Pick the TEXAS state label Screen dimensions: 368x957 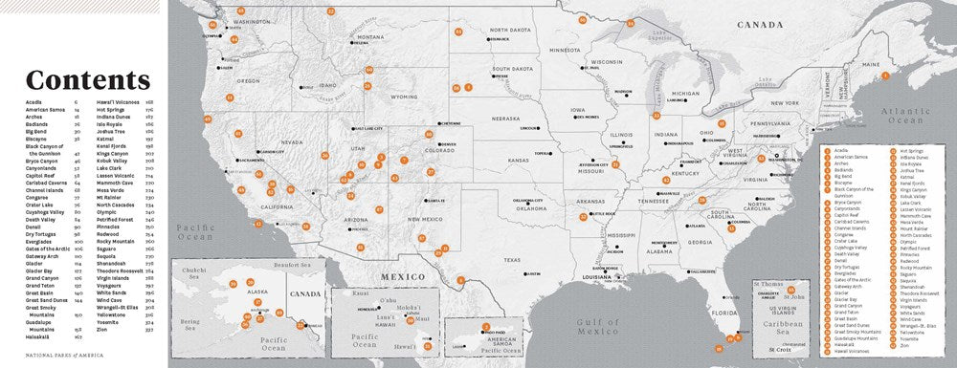(x=512, y=260)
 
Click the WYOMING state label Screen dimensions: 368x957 (x=404, y=97)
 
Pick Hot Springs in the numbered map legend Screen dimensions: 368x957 (x=911, y=150)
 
